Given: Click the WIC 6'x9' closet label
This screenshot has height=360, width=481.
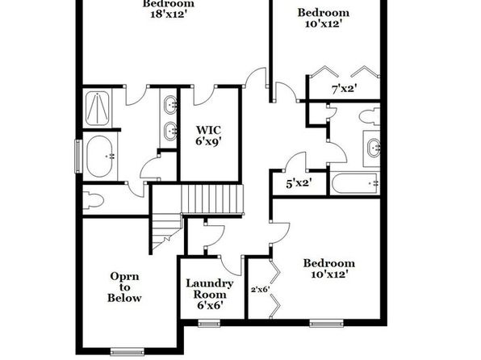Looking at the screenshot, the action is click(x=208, y=136).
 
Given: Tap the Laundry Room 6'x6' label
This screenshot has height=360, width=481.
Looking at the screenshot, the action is click(x=210, y=295).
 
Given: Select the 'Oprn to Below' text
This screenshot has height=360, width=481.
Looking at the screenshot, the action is click(x=124, y=287).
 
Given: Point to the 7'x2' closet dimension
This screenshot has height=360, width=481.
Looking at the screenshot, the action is click(x=344, y=89).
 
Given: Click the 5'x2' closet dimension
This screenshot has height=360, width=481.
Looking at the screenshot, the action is click(x=299, y=183).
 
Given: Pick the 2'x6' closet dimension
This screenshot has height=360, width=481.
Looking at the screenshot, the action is click(x=261, y=289).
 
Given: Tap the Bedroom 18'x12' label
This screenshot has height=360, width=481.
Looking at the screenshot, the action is click(x=169, y=9).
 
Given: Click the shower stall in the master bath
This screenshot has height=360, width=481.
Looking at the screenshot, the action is click(x=97, y=108).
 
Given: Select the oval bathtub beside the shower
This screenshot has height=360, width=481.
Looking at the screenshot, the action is click(x=100, y=157).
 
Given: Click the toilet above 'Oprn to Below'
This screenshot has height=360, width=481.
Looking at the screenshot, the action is click(x=94, y=200).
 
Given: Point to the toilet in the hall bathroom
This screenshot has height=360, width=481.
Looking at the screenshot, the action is click(x=370, y=116).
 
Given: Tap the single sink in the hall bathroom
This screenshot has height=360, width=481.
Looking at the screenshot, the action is click(x=374, y=148).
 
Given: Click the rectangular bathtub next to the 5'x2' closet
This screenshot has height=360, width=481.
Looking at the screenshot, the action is click(x=354, y=183).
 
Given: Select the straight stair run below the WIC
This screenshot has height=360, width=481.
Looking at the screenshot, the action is click(x=212, y=199).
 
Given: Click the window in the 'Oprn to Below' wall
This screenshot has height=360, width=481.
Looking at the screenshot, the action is click(x=127, y=351).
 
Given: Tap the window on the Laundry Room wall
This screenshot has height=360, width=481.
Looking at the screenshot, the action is click(x=209, y=323).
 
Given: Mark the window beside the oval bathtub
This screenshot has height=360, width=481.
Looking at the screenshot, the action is click(x=78, y=157).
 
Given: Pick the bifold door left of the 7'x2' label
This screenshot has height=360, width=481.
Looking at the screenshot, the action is click(x=324, y=72).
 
